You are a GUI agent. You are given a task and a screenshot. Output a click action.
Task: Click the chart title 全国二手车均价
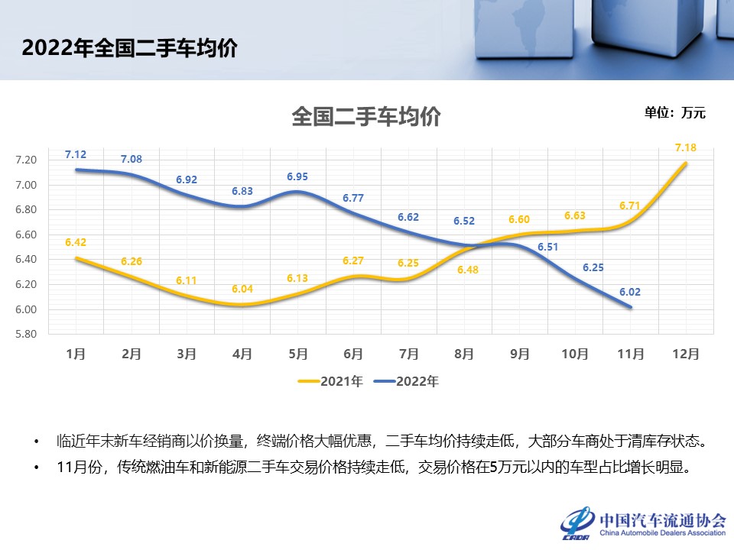(366, 118)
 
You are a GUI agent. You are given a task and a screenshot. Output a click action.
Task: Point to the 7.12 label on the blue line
(75, 154)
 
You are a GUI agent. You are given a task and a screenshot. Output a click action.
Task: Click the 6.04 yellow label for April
(242, 289)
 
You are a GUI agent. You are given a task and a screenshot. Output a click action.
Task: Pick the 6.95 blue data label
(298, 176)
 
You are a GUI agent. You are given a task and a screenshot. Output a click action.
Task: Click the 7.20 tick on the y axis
(26, 160)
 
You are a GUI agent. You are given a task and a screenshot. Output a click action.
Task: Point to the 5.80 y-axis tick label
(26, 334)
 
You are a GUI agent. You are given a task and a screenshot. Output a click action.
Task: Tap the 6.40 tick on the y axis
(26, 259)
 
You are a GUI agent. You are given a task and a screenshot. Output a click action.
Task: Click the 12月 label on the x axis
(686, 354)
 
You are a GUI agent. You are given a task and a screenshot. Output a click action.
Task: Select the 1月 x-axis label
(76, 354)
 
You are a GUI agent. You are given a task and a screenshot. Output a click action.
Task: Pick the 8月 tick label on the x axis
(464, 354)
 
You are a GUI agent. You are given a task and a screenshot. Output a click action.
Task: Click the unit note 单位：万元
(674, 113)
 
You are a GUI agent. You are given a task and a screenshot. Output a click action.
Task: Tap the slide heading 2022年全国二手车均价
(129, 48)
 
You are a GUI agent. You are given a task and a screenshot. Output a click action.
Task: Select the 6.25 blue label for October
(593, 267)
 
